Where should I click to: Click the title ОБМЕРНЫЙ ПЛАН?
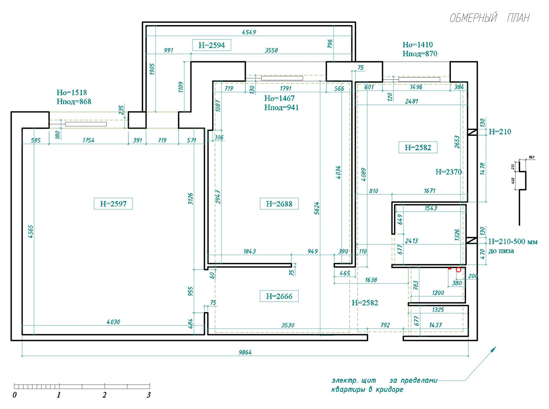pos(489,18)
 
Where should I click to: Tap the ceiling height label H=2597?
pos(113,204)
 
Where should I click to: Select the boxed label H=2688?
pos(279,204)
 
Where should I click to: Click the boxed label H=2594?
pos(212,45)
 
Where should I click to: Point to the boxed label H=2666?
pos(279,296)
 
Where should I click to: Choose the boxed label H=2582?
pos(418,148)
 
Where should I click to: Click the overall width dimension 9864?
pos(245,352)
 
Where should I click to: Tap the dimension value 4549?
pos(249,32)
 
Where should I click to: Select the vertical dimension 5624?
pos(317,208)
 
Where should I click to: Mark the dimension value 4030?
pos(113,322)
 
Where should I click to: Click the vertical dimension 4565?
pos(31,232)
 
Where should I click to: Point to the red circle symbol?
pos(458,270)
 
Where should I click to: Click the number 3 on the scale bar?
pos(149,395)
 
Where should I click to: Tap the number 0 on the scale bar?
pos(15,395)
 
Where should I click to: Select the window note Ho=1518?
pos(72,93)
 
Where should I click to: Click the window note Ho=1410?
pos(418,45)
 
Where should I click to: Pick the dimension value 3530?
pos(288,325)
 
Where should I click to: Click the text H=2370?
pos(448,172)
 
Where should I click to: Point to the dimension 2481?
pos(412,101)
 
